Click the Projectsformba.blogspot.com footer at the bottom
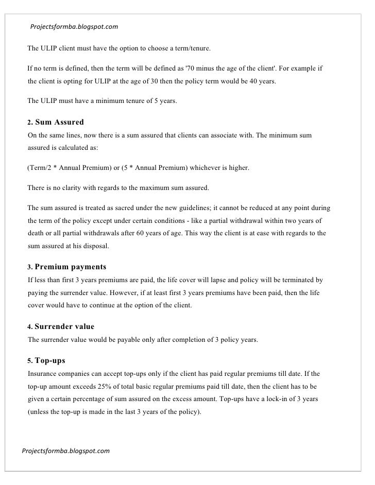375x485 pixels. (x=65, y=451)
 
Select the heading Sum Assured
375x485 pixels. (x=59, y=123)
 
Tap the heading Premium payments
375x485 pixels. (x=71, y=267)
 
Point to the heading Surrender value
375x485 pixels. (x=64, y=327)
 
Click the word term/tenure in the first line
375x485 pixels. (x=191, y=49)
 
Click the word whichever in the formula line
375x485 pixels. (x=209, y=168)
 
